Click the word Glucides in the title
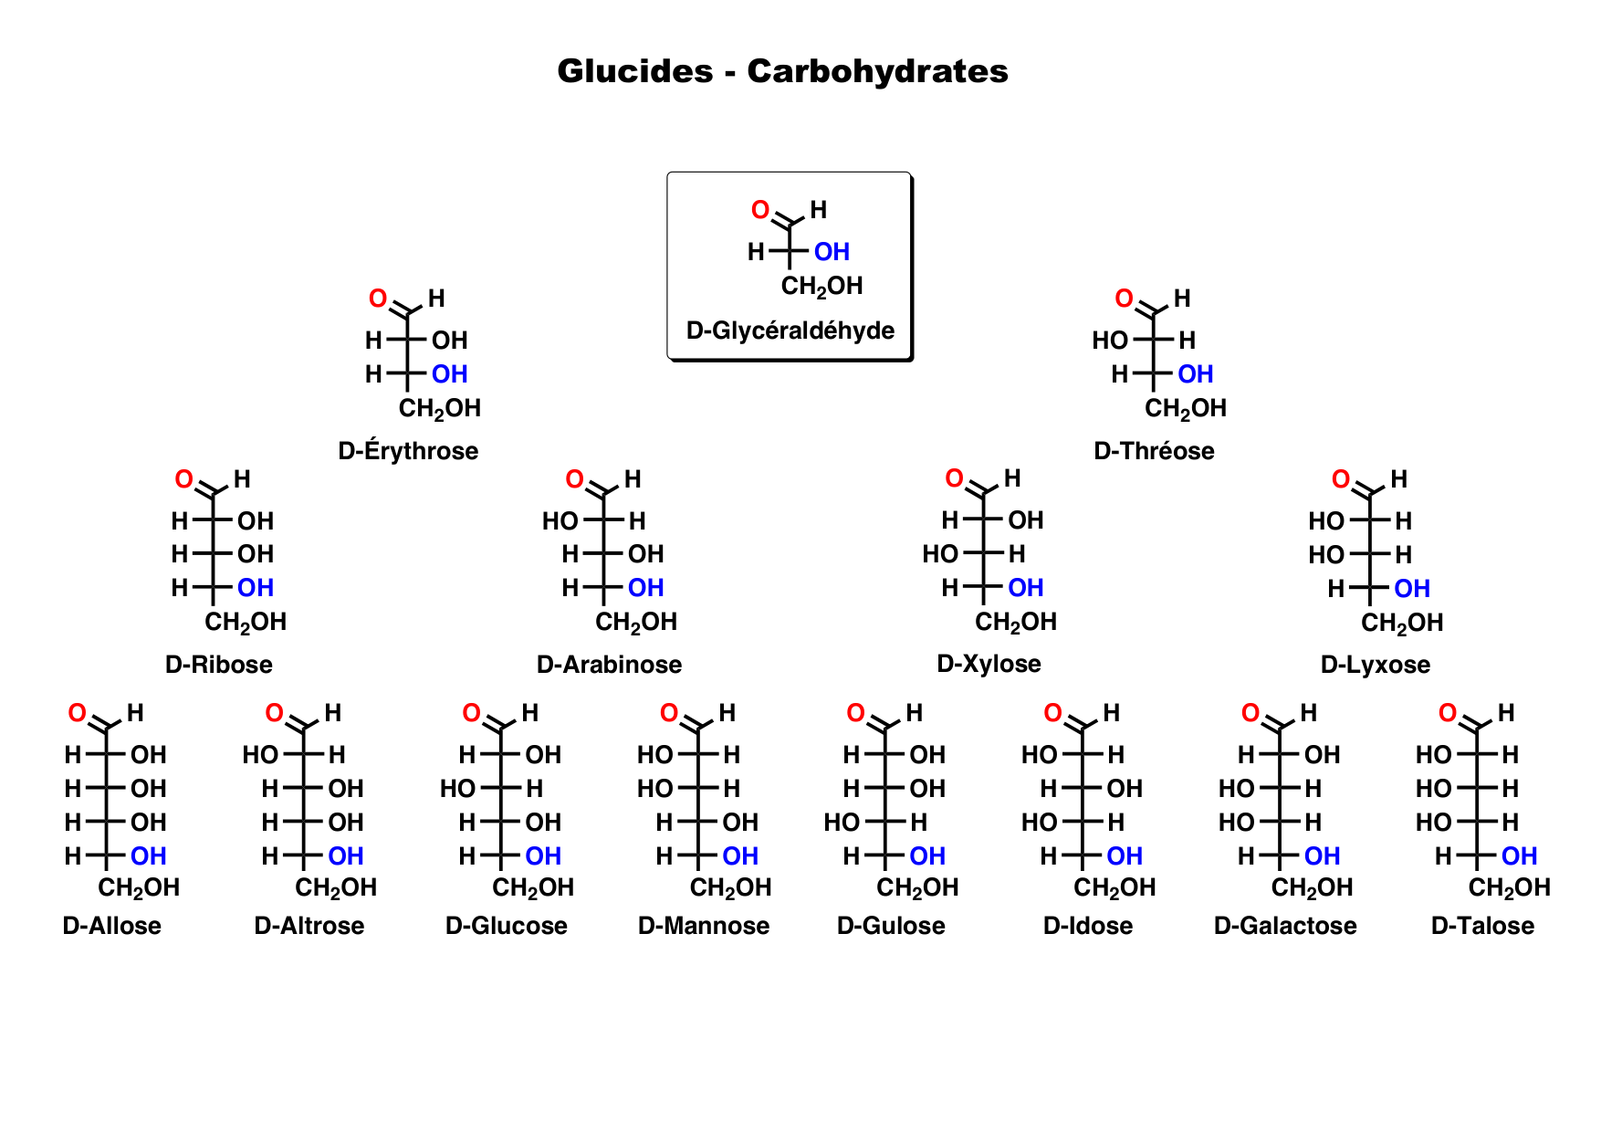coord(634,71)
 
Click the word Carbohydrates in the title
coord(877,71)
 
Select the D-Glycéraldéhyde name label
coord(790,330)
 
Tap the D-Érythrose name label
coord(408,451)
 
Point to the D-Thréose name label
coord(1154,451)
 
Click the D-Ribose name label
coord(219,665)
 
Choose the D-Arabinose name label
coord(609,665)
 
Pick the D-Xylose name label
coord(989,664)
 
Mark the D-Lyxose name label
coord(1375,665)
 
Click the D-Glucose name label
coord(506,926)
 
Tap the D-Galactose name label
coord(1285,926)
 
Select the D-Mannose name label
coord(704,926)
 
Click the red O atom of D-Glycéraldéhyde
coord(759,210)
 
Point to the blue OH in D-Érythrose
coord(449,374)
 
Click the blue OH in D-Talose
coord(1519,856)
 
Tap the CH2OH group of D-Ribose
coord(245,623)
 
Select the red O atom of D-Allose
coord(78,713)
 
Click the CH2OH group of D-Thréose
coord(1185,408)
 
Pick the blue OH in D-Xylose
coord(1025,588)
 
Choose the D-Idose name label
coord(1088,926)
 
